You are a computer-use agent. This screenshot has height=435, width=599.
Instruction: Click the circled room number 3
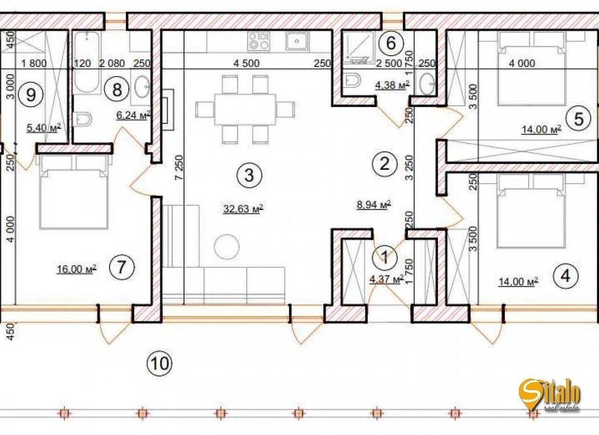[249, 175]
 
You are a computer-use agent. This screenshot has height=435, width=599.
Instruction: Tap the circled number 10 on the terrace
[160, 363]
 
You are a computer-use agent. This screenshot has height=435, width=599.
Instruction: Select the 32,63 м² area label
[243, 209]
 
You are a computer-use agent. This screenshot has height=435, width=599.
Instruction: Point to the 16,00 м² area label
[76, 269]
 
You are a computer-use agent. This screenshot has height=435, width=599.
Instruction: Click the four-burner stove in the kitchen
[259, 41]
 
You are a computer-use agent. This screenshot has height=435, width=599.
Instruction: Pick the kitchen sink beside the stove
[297, 41]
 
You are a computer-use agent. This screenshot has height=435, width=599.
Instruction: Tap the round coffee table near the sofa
[227, 247]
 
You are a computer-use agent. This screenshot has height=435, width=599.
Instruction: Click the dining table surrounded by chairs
[245, 109]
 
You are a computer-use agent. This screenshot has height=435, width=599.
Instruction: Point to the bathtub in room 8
[87, 63]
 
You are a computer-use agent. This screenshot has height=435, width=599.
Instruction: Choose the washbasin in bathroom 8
[142, 87]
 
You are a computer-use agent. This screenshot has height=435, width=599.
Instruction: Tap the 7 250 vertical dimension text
[180, 167]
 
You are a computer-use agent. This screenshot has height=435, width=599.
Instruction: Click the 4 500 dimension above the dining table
[246, 63]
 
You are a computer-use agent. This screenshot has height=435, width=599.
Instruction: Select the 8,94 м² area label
[374, 205]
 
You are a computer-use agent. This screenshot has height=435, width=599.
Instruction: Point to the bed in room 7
[74, 192]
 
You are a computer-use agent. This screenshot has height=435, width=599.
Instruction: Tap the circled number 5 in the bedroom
[579, 119]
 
